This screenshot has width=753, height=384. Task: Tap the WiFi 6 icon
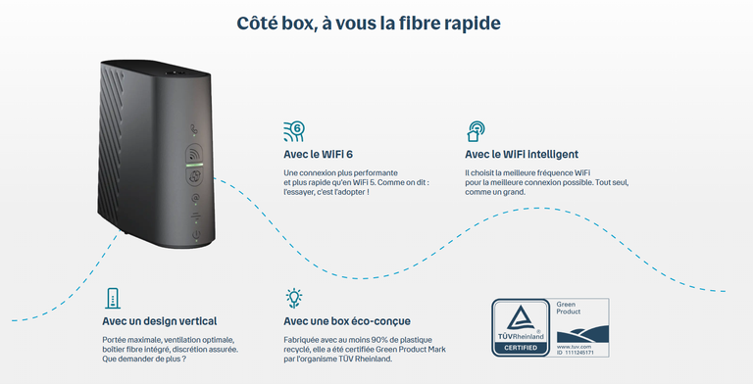coord(292,131)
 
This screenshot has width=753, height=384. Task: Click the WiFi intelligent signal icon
coord(476,131)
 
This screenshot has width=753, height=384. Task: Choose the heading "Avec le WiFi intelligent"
coord(521,154)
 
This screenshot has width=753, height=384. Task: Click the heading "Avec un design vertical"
coord(159,320)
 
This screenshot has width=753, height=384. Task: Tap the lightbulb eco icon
coord(292,298)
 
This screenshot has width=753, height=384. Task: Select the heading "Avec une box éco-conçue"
coord(346,320)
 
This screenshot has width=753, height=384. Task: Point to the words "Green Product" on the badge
coord(570,308)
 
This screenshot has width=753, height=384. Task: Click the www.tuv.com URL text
coord(573,346)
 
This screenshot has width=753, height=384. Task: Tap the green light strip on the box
coord(193,165)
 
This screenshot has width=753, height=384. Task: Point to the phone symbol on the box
coord(192,126)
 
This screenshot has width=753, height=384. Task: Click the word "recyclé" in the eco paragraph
coord(294,348)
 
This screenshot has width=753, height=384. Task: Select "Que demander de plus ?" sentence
coord(144,358)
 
